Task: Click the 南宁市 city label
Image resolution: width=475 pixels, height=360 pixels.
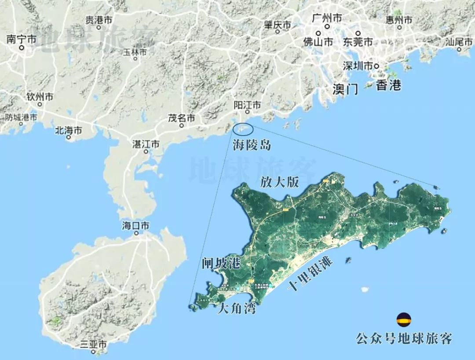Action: [x=21, y=39]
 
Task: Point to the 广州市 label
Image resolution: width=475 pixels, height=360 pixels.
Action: [x=327, y=18]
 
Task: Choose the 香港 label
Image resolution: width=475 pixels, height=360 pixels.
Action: [x=388, y=85]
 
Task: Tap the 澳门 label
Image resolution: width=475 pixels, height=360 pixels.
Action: [x=345, y=89]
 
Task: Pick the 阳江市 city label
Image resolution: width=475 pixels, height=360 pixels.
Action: [x=247, y=105]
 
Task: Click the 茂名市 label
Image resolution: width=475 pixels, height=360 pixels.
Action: [x=182, y=118]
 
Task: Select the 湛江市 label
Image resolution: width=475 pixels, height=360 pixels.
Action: [x=146, y=144]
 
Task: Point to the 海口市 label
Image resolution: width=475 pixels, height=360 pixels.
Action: [x=136, y=226]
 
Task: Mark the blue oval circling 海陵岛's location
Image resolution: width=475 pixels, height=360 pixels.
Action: [x=243, y=129]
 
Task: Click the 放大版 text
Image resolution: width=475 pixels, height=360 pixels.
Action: [x=280, y=183]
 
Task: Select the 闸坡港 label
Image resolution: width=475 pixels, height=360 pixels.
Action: [x=221, y=264]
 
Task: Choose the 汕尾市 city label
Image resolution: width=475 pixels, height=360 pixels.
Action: [x=459, y=42]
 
